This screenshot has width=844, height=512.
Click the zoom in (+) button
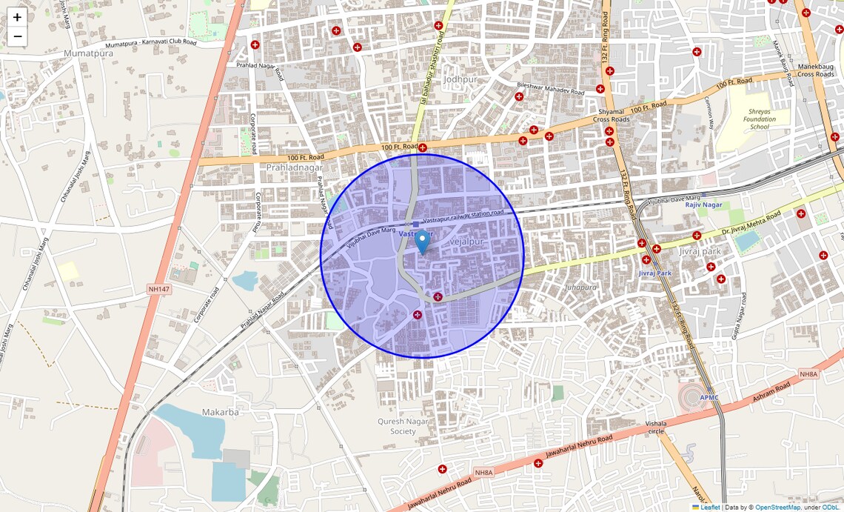click(17, 17)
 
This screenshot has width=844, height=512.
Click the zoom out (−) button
click(17, 36)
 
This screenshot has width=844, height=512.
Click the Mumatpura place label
click(89, 53)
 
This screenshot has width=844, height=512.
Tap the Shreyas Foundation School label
click(760, 119)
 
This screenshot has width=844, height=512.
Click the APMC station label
click(709, 398)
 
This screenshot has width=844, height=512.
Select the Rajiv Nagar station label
click(703, 205)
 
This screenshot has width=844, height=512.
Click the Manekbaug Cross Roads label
click(816, 70)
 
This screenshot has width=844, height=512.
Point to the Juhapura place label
click(580, 287)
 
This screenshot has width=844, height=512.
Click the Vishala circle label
click(656, 426)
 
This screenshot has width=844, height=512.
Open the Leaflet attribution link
click(710, 508)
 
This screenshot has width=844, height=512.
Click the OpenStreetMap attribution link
click(777, 508)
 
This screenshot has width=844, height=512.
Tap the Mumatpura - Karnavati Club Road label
click(145, 42)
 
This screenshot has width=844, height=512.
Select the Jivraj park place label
click(700, 251)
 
